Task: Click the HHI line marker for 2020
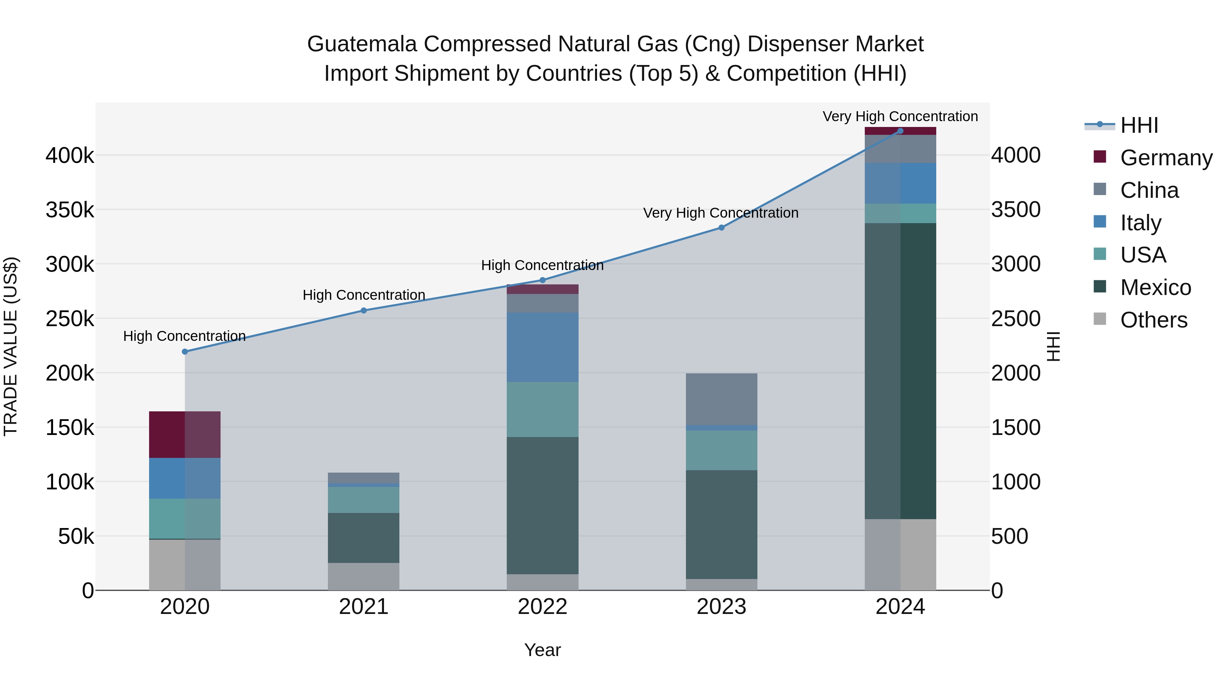coord(185,351)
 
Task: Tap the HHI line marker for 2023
coord(722,228)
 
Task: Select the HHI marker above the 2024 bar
coord(900,131)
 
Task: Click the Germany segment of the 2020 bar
coord(185,434)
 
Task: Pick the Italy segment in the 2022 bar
coord(542,347)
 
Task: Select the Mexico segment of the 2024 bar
coord(900,371)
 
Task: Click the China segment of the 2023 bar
coord(722,399)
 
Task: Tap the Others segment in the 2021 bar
coord(364,576)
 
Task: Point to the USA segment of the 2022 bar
coord(542,409)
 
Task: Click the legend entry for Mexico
coord(1155,287)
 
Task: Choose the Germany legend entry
coord(1166,158)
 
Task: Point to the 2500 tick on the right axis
coord(1016,319)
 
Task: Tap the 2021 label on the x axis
coord(364,607)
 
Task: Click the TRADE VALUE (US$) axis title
coord(11,346)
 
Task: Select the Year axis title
coord(542,650)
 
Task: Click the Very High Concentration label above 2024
coord(900,117)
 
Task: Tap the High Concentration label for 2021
coord(364,295)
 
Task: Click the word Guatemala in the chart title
coord(362,44)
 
